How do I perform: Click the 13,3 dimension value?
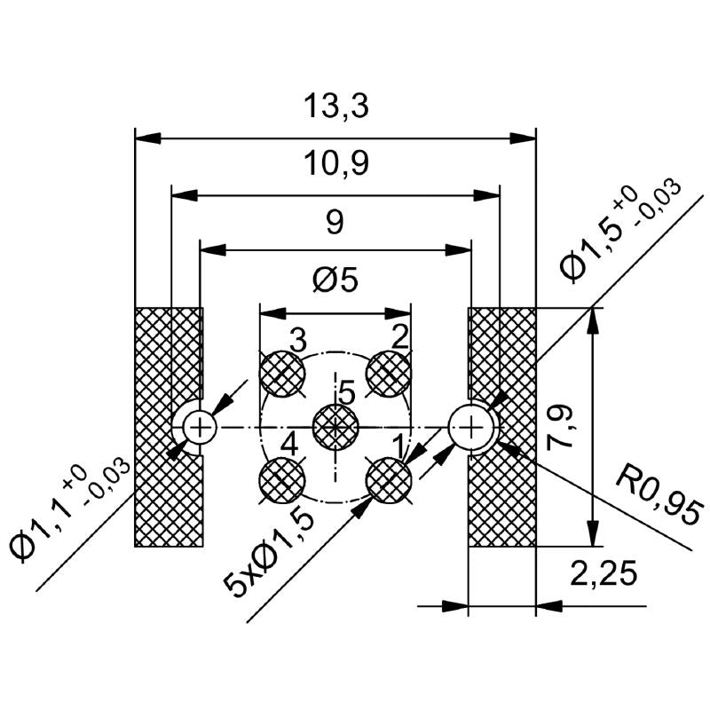click(335, 108)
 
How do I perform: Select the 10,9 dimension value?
click(335, 163)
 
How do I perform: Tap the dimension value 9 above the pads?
click(335, 222)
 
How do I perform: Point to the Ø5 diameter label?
click(335, 282)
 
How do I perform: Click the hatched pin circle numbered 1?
click(389, 480)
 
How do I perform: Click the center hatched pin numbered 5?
click(335, 427)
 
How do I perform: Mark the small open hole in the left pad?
click(201, 428)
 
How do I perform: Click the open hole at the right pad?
click(470, 427)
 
